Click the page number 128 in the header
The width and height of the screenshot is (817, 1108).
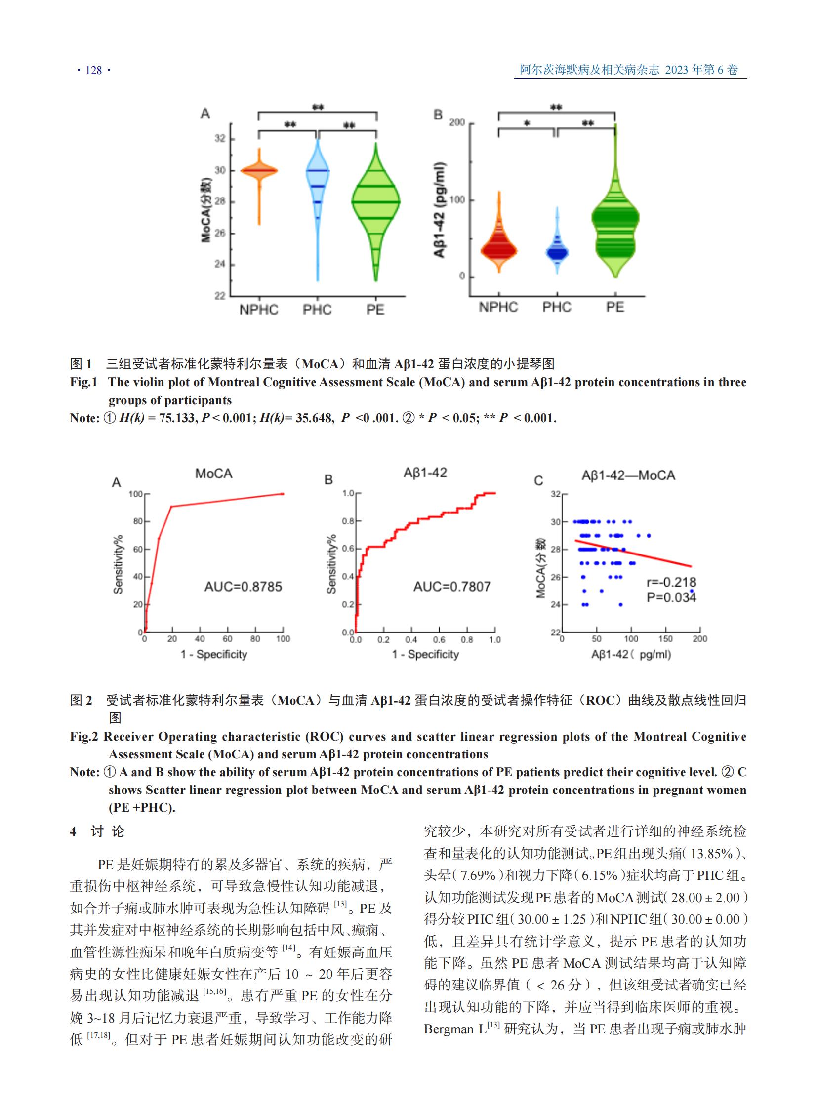coord(93,70)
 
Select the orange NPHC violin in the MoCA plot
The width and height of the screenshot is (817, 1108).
coord(259,171)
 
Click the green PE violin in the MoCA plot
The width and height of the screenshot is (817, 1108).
coord(376,203)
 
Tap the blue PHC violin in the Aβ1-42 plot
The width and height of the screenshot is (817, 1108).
coord(557,252)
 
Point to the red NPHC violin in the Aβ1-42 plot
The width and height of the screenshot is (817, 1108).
coord(498,250)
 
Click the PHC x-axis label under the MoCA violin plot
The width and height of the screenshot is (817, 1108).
coord(317,310)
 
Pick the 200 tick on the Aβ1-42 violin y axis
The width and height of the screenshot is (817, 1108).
coord(456,122)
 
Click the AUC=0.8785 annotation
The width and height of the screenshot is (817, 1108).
coord(243,587)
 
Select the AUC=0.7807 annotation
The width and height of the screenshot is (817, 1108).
coord(451,587)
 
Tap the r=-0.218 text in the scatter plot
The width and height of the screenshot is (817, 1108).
coord(671,582)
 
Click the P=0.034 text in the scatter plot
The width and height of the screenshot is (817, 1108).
coord(671,597)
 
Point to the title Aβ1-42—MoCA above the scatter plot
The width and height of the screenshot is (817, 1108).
coord(628,475)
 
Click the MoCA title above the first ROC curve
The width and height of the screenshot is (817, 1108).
coord(214,474)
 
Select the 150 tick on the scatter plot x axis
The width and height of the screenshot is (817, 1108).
coord(665,639)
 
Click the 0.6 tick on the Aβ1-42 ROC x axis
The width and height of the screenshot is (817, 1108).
coord(439,640)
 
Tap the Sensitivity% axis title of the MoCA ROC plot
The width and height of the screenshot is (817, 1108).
coord(118,564)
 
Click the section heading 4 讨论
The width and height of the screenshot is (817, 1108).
coord(97,831)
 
